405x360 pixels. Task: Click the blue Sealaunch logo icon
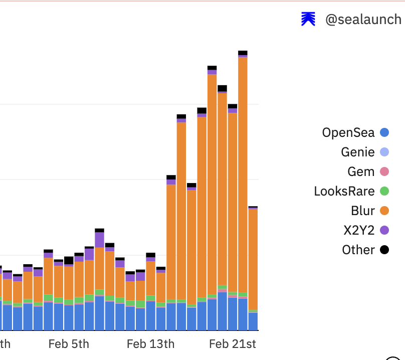[x=308, y=19]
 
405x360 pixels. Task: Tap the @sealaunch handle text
[x=363, y=20]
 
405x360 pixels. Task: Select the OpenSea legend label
[x=348, y=132]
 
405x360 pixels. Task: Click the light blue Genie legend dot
[x=384, y=152]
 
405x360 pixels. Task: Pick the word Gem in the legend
[x=361, y=171]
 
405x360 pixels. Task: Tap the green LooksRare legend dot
[x=384, y=191]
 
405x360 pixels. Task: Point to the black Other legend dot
[x=384, y=250]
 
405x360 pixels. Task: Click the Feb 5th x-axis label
[x=69, y=344]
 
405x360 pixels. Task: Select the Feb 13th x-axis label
[x=150, y=344]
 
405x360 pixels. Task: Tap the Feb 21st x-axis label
[x=233, y=344]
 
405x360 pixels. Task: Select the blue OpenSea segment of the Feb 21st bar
[x=233, y=313]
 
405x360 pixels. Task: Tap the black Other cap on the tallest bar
[x=243, y=53]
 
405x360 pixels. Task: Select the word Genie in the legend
[x=357, y=152]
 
